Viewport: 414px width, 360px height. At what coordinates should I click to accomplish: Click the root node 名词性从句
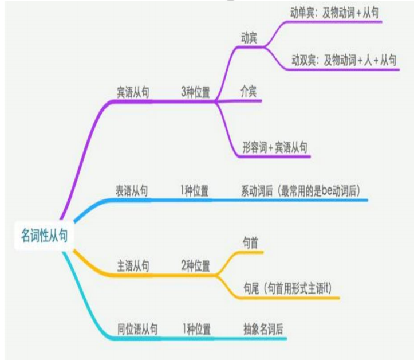(x=44, y=236)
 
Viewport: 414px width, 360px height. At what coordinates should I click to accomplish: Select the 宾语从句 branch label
(x=133, y=93)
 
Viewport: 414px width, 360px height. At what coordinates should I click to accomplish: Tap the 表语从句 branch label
(x=131, y=191)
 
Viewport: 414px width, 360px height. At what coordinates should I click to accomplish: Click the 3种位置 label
(x=195, y=93)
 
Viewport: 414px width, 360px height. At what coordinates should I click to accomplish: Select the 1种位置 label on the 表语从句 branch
(x=195, y=191)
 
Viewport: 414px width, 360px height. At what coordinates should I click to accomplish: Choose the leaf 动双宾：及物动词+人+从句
(x=344, y=59)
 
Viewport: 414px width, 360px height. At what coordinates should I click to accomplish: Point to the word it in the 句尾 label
(x=326, y=288)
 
